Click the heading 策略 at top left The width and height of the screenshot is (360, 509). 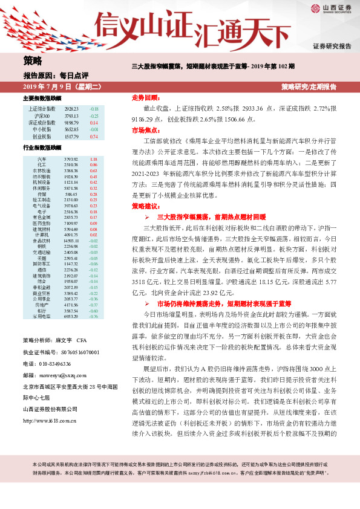(33, 60)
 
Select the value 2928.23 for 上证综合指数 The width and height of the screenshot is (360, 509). (71, 109)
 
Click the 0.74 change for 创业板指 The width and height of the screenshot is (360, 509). (94, 137)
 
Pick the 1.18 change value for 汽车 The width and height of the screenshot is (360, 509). (94, 159)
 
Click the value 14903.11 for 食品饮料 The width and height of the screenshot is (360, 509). (71, 241)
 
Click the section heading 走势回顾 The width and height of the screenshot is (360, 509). (145, 97)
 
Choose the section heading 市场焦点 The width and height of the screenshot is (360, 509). (145, 130)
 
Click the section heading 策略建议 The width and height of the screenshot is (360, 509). (145, 206)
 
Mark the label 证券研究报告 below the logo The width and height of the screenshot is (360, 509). (332, 46)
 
